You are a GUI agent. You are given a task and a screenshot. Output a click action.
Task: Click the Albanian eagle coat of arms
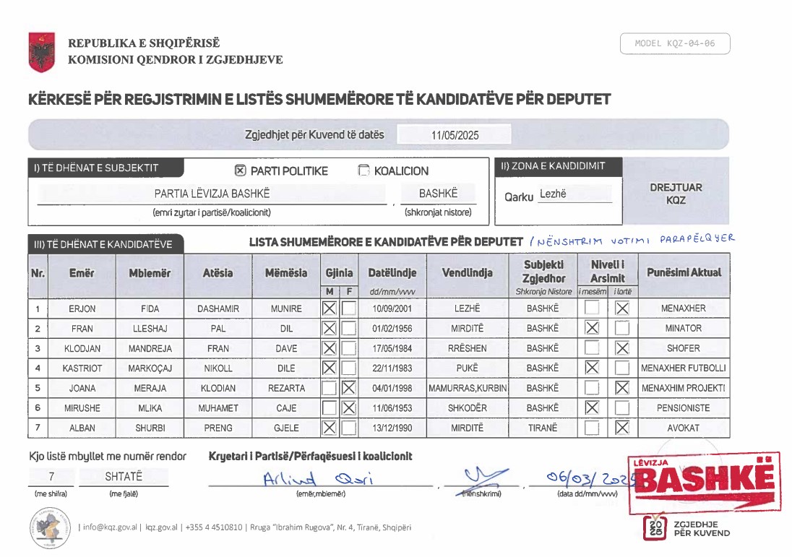click(x=42, y=51)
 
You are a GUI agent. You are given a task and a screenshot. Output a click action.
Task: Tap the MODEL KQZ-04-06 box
click(x=675, y=44)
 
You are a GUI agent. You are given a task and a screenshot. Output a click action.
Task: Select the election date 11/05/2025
click(x=455, y=135)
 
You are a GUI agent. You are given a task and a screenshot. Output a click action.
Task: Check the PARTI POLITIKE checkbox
click(x=241, y=171)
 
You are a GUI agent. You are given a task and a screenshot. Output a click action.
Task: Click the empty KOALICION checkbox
click(x=363, y=171)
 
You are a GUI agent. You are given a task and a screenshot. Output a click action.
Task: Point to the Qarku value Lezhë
click(x=553, y=194)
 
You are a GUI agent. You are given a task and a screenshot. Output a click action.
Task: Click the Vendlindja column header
click(x=467, y=273)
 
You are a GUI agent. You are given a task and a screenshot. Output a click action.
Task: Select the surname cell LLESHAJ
click(x=150, y=329)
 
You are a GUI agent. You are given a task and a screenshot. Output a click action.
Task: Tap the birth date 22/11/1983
click(x=392, y=368)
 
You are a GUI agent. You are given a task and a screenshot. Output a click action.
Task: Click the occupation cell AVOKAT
click(x=684, y=428)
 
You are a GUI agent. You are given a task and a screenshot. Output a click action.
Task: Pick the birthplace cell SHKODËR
click(x=467, y=408)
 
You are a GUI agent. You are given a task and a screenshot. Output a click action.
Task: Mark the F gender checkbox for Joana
click(x=349, y=388)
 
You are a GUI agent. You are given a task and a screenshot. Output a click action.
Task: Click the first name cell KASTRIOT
click(x=82, y=368)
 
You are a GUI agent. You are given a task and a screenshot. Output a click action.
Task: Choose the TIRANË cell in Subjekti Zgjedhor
click(x=543, y=428)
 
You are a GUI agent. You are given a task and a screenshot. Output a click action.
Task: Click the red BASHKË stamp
click(x=703, y=480)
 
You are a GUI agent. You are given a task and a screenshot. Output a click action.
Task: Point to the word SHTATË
click(x=124, y=478)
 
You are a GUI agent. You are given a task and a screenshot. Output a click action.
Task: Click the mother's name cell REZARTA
click(x=286, y=388)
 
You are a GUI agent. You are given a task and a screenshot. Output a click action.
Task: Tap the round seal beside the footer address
click(x=51, y=527)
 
